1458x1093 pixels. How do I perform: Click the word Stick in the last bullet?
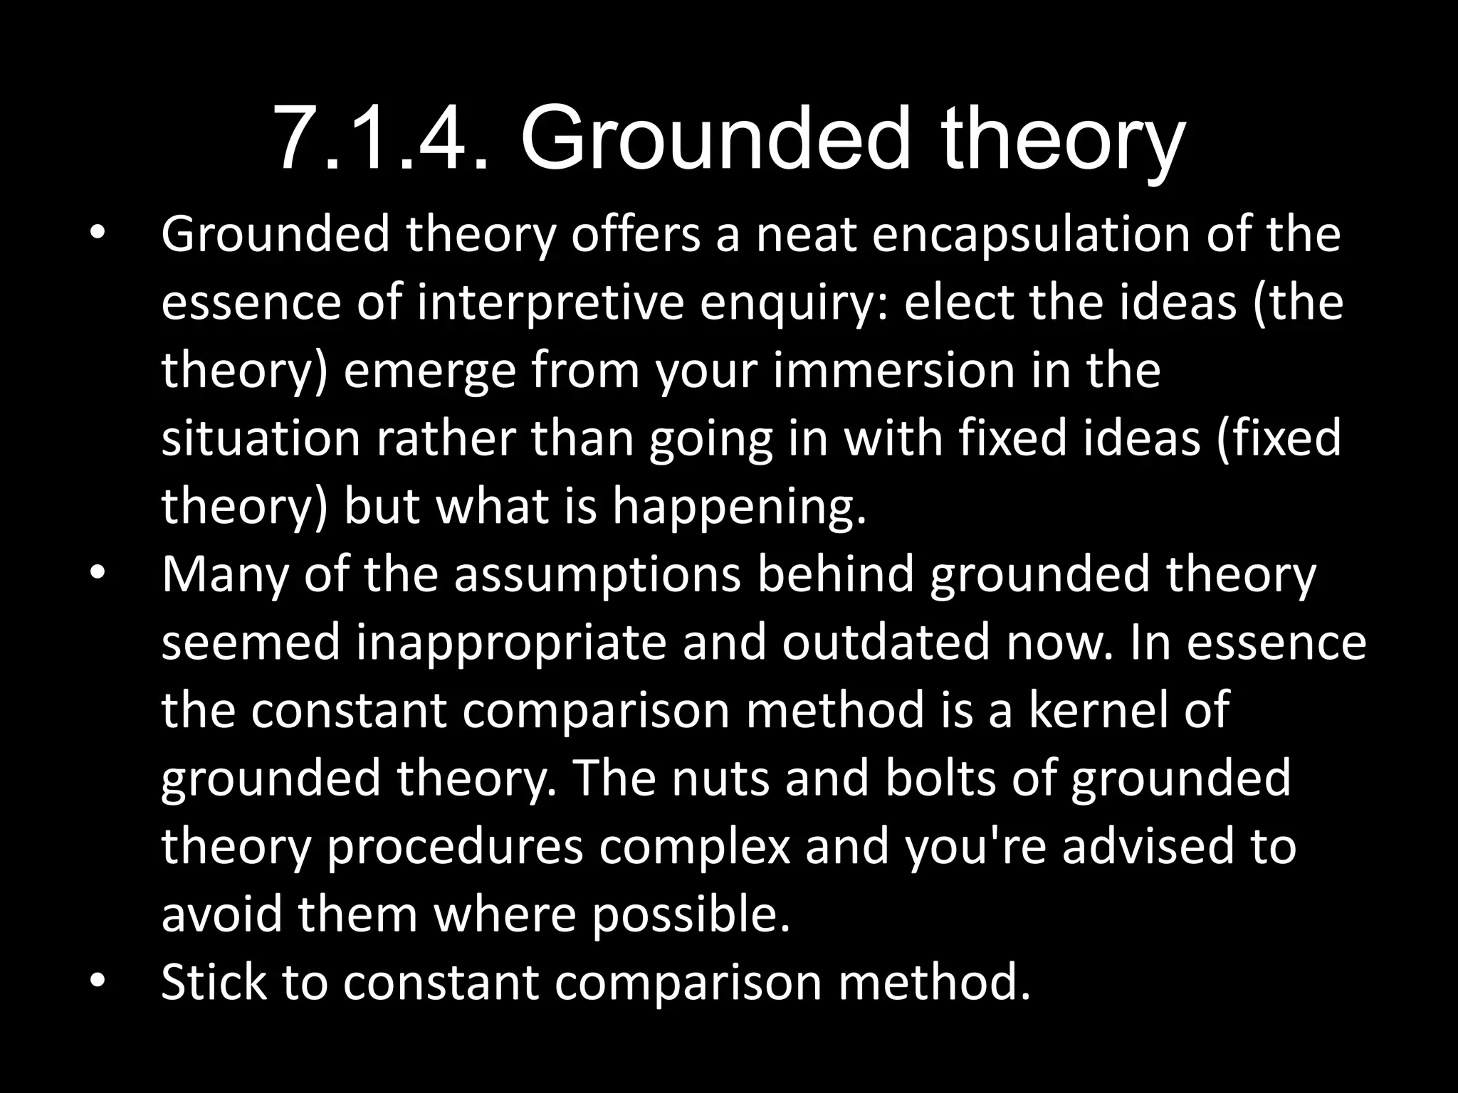coord(214,982)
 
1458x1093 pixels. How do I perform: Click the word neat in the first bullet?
coord(806,235)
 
